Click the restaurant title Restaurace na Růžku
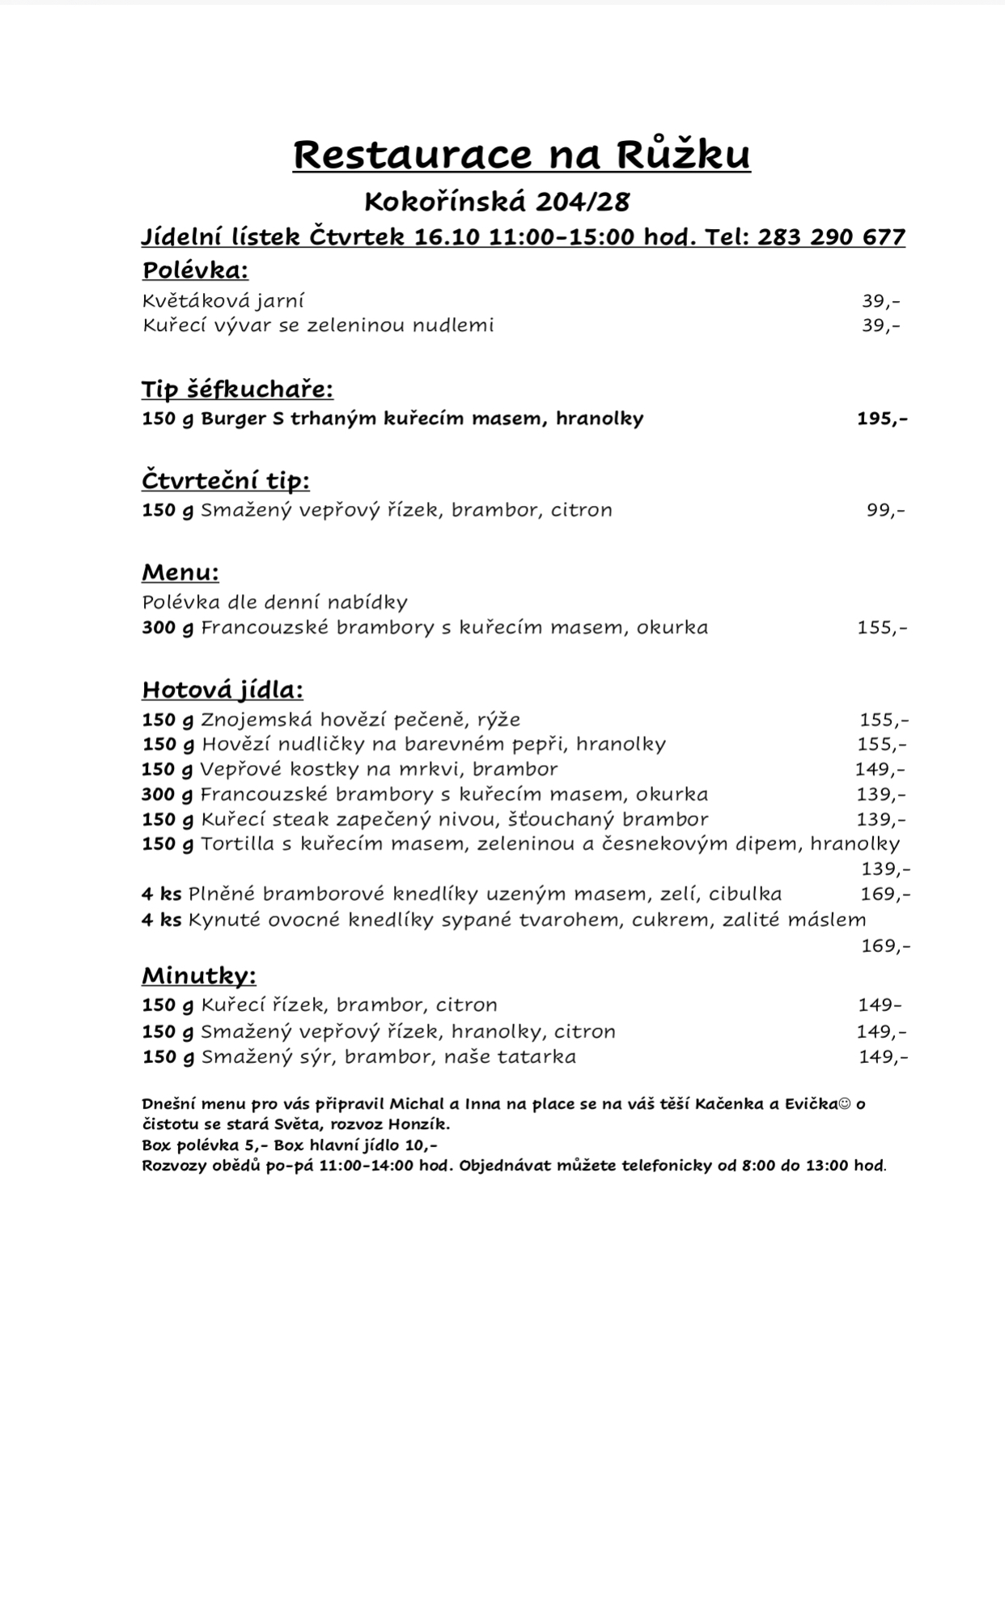pos(521,155)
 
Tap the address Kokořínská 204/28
pos(497,200)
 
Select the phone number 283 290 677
pos(831,236)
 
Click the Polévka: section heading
pos(195,270)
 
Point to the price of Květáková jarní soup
pos(880,301)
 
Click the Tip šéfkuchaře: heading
pos(237,389)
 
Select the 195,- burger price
pos(881,419)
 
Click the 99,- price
pos(885,510)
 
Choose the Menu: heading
pos(180,572)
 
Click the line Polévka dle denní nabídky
pos(274,602)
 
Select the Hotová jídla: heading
pos(223,690)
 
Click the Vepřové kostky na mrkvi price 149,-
pos(880,769)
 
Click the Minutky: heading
pos(199,976)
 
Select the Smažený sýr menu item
pos(388,1056)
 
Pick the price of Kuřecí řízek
pos(880,1005)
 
